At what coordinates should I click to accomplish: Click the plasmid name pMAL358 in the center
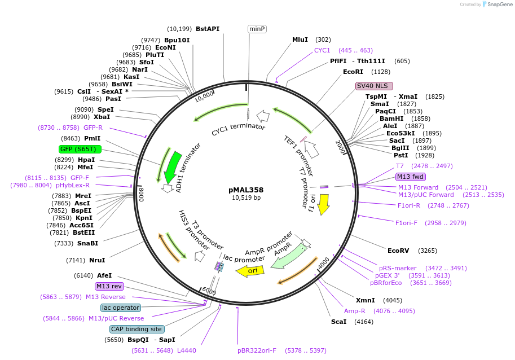246,190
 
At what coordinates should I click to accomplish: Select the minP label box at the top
257,29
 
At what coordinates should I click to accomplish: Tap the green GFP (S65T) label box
80,149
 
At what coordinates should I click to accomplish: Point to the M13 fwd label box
411,177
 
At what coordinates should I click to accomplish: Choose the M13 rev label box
109,286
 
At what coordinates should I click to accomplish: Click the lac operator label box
120,308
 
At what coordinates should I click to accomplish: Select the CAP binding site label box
137,329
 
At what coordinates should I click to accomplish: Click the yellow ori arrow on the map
250,271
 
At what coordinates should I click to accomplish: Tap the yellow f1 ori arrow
323,204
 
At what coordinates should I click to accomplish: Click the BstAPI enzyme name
208,29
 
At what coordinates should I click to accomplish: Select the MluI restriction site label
300,39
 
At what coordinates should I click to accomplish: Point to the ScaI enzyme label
340,322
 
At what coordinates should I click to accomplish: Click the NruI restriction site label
97,260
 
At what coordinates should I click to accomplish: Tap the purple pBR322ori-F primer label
257,350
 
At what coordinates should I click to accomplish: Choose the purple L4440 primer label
186,350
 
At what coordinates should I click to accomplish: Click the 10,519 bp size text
246,198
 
